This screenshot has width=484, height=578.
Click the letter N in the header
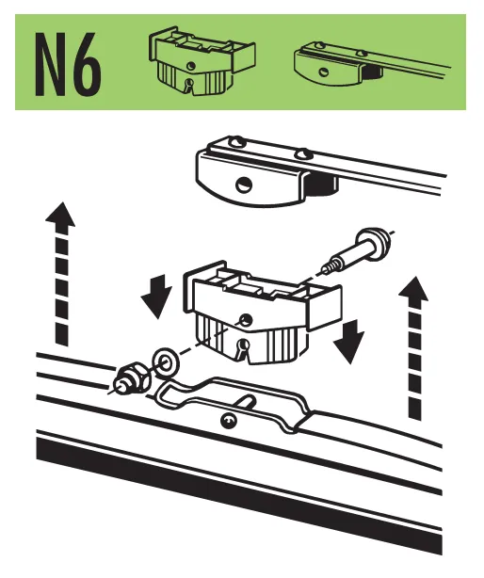[50, 65]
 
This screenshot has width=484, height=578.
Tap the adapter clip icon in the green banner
[201, 61]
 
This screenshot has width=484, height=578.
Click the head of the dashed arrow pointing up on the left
[60, 215]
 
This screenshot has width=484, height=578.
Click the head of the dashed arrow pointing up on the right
[413, 289]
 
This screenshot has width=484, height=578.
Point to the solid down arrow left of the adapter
[156, 297]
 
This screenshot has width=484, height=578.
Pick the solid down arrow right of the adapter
[348, 342]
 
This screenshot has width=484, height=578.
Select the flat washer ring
[165, 362]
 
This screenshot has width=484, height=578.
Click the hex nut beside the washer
[133, 379]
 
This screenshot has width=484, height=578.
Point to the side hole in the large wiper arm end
[243, 185]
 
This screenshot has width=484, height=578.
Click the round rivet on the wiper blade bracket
[228, 421]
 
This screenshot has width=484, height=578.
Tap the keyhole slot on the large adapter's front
[243, 348]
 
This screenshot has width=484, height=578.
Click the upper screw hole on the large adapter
[245, 319]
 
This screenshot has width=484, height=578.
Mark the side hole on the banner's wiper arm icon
[324, 72]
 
